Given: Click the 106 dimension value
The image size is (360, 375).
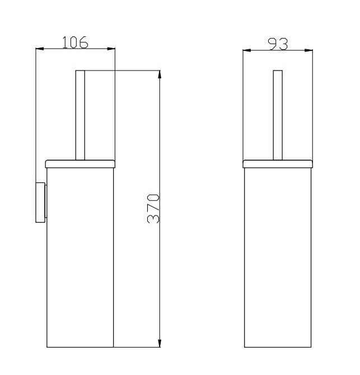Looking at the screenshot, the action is click(75, 43).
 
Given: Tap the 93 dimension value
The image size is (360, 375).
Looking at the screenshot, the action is click(278, 44).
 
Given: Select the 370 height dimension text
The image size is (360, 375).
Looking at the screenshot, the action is click(153, 209).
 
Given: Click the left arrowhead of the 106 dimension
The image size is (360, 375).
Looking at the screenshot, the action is click(40, 49).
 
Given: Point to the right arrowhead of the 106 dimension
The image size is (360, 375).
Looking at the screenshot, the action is click(111, 49).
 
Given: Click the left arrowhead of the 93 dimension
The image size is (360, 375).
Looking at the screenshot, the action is click(247, 50).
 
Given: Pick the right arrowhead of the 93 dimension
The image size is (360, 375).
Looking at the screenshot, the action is click(308, 50).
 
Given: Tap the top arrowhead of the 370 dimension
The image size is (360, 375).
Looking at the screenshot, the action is click(160, 74).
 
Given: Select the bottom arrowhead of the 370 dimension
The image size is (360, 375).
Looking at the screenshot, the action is click(160, 343).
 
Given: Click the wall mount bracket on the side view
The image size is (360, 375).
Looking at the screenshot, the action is click(41, 203).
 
